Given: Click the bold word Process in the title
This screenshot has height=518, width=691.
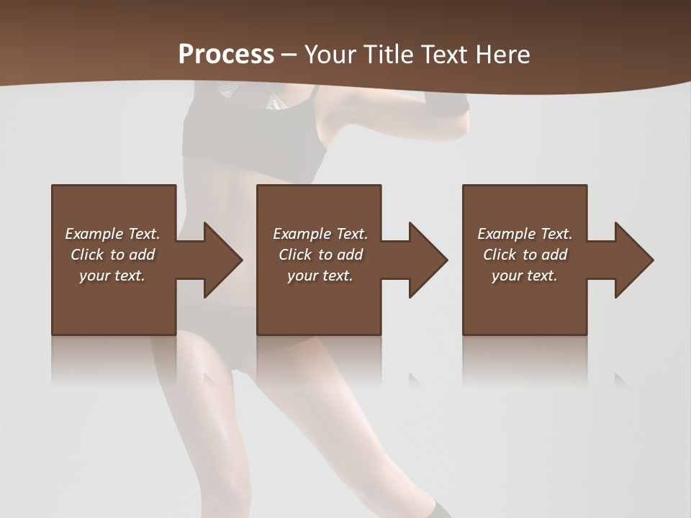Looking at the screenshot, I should point(226,55).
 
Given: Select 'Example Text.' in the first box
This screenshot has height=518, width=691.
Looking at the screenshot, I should point(112,234).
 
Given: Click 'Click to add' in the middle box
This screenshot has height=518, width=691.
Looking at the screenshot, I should point(320,255).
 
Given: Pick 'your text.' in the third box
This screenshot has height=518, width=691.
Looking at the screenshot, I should point(525,276).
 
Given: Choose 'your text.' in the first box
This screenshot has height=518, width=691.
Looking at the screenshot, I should point(112,276).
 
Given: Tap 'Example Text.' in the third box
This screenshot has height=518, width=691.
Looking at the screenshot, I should point(525,234).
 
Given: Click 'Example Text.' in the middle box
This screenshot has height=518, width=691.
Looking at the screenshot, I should point(320,234).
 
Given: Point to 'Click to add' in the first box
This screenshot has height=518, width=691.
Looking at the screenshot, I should point(112,255).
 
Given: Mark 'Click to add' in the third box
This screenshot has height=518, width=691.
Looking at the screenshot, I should point(525,255).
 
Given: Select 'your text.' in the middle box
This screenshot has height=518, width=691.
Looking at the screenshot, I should point(320,276).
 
